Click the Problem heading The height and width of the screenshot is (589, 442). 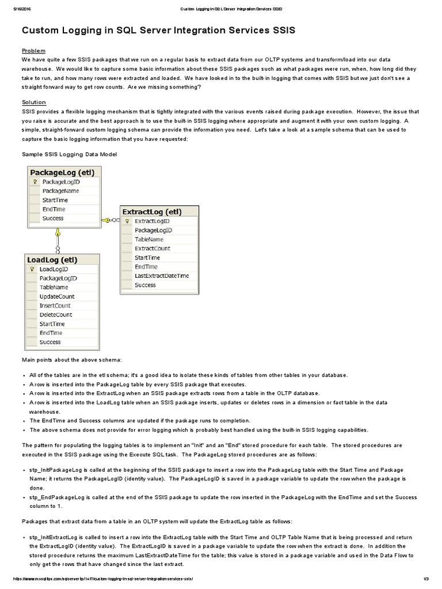click(x=33, y=51)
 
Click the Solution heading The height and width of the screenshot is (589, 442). click(x=33, y=102)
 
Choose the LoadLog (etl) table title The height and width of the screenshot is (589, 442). click(x=52, y=260)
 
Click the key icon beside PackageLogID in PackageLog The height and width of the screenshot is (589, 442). click(x=35, y=182)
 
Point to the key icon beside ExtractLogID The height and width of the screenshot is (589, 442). click(x=127, y=221)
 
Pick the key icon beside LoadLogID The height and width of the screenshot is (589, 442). click(x=32, y=269)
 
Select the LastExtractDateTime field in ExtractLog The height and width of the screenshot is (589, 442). click(x=162, y=276)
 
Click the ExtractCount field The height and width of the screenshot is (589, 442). click(x=153, y=248)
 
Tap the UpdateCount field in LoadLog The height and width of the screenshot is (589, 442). click(x=57, y=297)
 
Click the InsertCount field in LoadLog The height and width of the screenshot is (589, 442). click(x=55, y=306)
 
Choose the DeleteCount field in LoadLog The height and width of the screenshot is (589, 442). click(x=56, y=315)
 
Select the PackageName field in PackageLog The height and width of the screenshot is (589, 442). click(x=61, y=191)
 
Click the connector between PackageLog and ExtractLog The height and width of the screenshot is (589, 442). click(x=111, y=220)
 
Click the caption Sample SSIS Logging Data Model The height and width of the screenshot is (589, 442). click(x=69, y=154)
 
